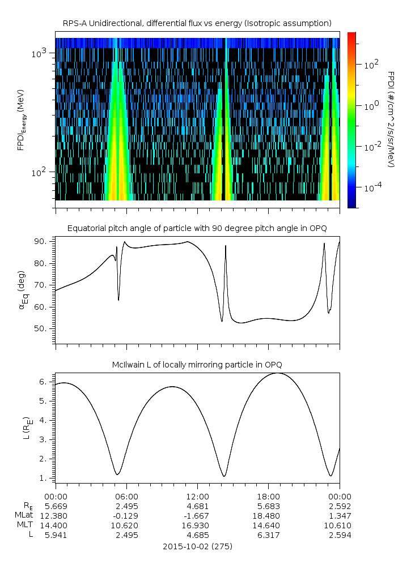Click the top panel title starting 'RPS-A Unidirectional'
(197, 23)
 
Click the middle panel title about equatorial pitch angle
(197, 228)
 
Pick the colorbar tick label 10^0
(371, 106)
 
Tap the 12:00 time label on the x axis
(197, 495)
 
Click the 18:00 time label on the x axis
(268, 495)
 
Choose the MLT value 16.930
(197, 525)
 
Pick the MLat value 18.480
(268, 515)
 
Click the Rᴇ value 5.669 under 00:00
(56, 506)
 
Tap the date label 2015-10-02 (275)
(197, 546)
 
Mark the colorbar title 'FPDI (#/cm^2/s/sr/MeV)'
(391, 119)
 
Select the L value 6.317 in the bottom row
(268, 535)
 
